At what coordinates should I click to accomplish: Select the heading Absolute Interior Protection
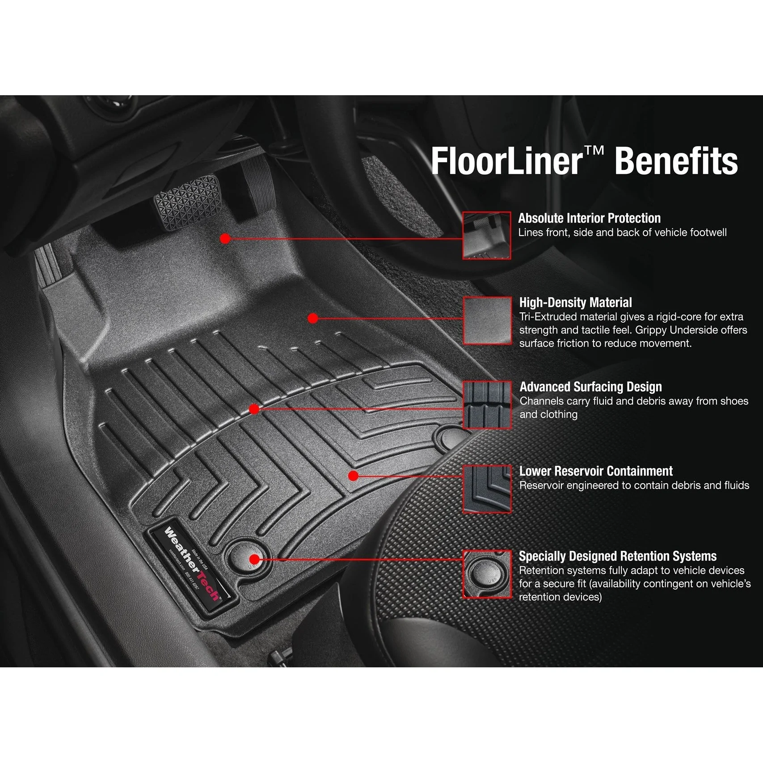pyautogui.click(x=589, y=218)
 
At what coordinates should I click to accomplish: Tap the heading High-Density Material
pyautogui.click(x=575, y=303)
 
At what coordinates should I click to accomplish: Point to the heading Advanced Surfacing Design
pyautogui.click(x=590, y=387)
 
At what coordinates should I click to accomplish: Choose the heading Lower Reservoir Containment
pyautogui.click(x=596, y=471)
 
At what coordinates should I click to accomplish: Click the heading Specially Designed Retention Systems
pyautogui.click(x=617, y=556)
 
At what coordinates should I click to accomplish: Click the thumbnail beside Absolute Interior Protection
pyautogui.click(x=486, y=236)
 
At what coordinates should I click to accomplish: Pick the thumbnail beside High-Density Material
pyautogui.click(x=487, y=320)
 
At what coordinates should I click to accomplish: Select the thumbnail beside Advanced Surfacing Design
pyautogui.click(x=487, y=405)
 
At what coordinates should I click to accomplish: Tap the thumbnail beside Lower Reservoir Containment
pyautogui.click(x=487, y=489)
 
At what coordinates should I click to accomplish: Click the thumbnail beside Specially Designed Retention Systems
pyautogui.click(x=487, y=574)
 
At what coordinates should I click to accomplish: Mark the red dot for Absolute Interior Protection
pyautogui.click(x=225, y=239)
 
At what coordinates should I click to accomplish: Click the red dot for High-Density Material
pyautogui.click(x=313, y=318)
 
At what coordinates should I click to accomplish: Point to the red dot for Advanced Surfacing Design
pyautogui.click(x=254, y=409)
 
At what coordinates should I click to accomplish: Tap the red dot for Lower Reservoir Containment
pyautogui.click(x=353, y=476)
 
